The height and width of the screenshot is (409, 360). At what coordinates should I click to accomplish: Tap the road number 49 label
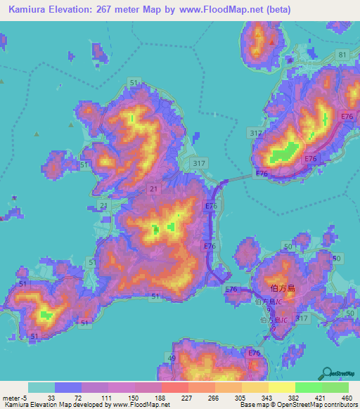(172, 358)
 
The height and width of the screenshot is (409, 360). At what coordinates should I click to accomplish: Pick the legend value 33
(51, 397)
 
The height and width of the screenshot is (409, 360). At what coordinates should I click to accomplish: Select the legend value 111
(105, 397)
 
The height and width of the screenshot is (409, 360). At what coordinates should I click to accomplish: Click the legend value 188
(159, 397)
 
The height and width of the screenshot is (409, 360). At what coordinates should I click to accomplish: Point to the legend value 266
(213, 397)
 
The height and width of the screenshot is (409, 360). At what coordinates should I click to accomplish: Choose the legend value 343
(268, 397)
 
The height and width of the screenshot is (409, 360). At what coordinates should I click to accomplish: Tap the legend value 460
(347, 397)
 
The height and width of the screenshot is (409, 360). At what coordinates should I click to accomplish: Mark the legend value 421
(322, 397)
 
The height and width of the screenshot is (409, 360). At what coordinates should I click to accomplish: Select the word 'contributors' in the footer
(340, 405)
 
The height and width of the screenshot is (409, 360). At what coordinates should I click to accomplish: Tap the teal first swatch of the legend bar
(41, 387)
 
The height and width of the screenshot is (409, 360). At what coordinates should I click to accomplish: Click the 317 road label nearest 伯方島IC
(302, 318)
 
